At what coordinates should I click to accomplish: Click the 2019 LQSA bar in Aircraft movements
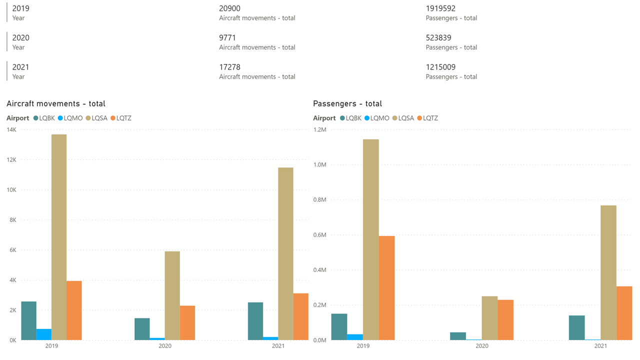[x=59, y=237]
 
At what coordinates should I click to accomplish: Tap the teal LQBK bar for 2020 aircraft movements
[x=142, y=329]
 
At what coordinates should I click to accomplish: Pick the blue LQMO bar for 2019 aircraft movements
[x=44, y=334]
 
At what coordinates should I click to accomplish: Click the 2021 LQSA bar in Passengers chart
[x=608, y=272]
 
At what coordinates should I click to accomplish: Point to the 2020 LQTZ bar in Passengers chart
[x=505, y=320]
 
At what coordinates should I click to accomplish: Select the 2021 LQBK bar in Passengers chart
[x=576, y=327]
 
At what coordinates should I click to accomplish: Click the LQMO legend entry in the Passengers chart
[x=377, y=118]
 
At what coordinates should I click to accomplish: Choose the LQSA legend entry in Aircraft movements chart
[x=97, y=118]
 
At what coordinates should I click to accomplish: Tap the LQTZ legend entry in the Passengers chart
[x=427, y=118]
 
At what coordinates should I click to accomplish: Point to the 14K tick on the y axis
[x=11, y=130]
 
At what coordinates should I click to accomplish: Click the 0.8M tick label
[x=320, y=200]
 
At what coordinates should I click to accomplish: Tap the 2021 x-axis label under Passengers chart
[x=600, y=346]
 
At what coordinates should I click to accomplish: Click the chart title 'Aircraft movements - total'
[x=56, y=103]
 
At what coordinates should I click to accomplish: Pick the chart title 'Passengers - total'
[x=347, y=103]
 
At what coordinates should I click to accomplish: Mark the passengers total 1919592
[x=440, y=8]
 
